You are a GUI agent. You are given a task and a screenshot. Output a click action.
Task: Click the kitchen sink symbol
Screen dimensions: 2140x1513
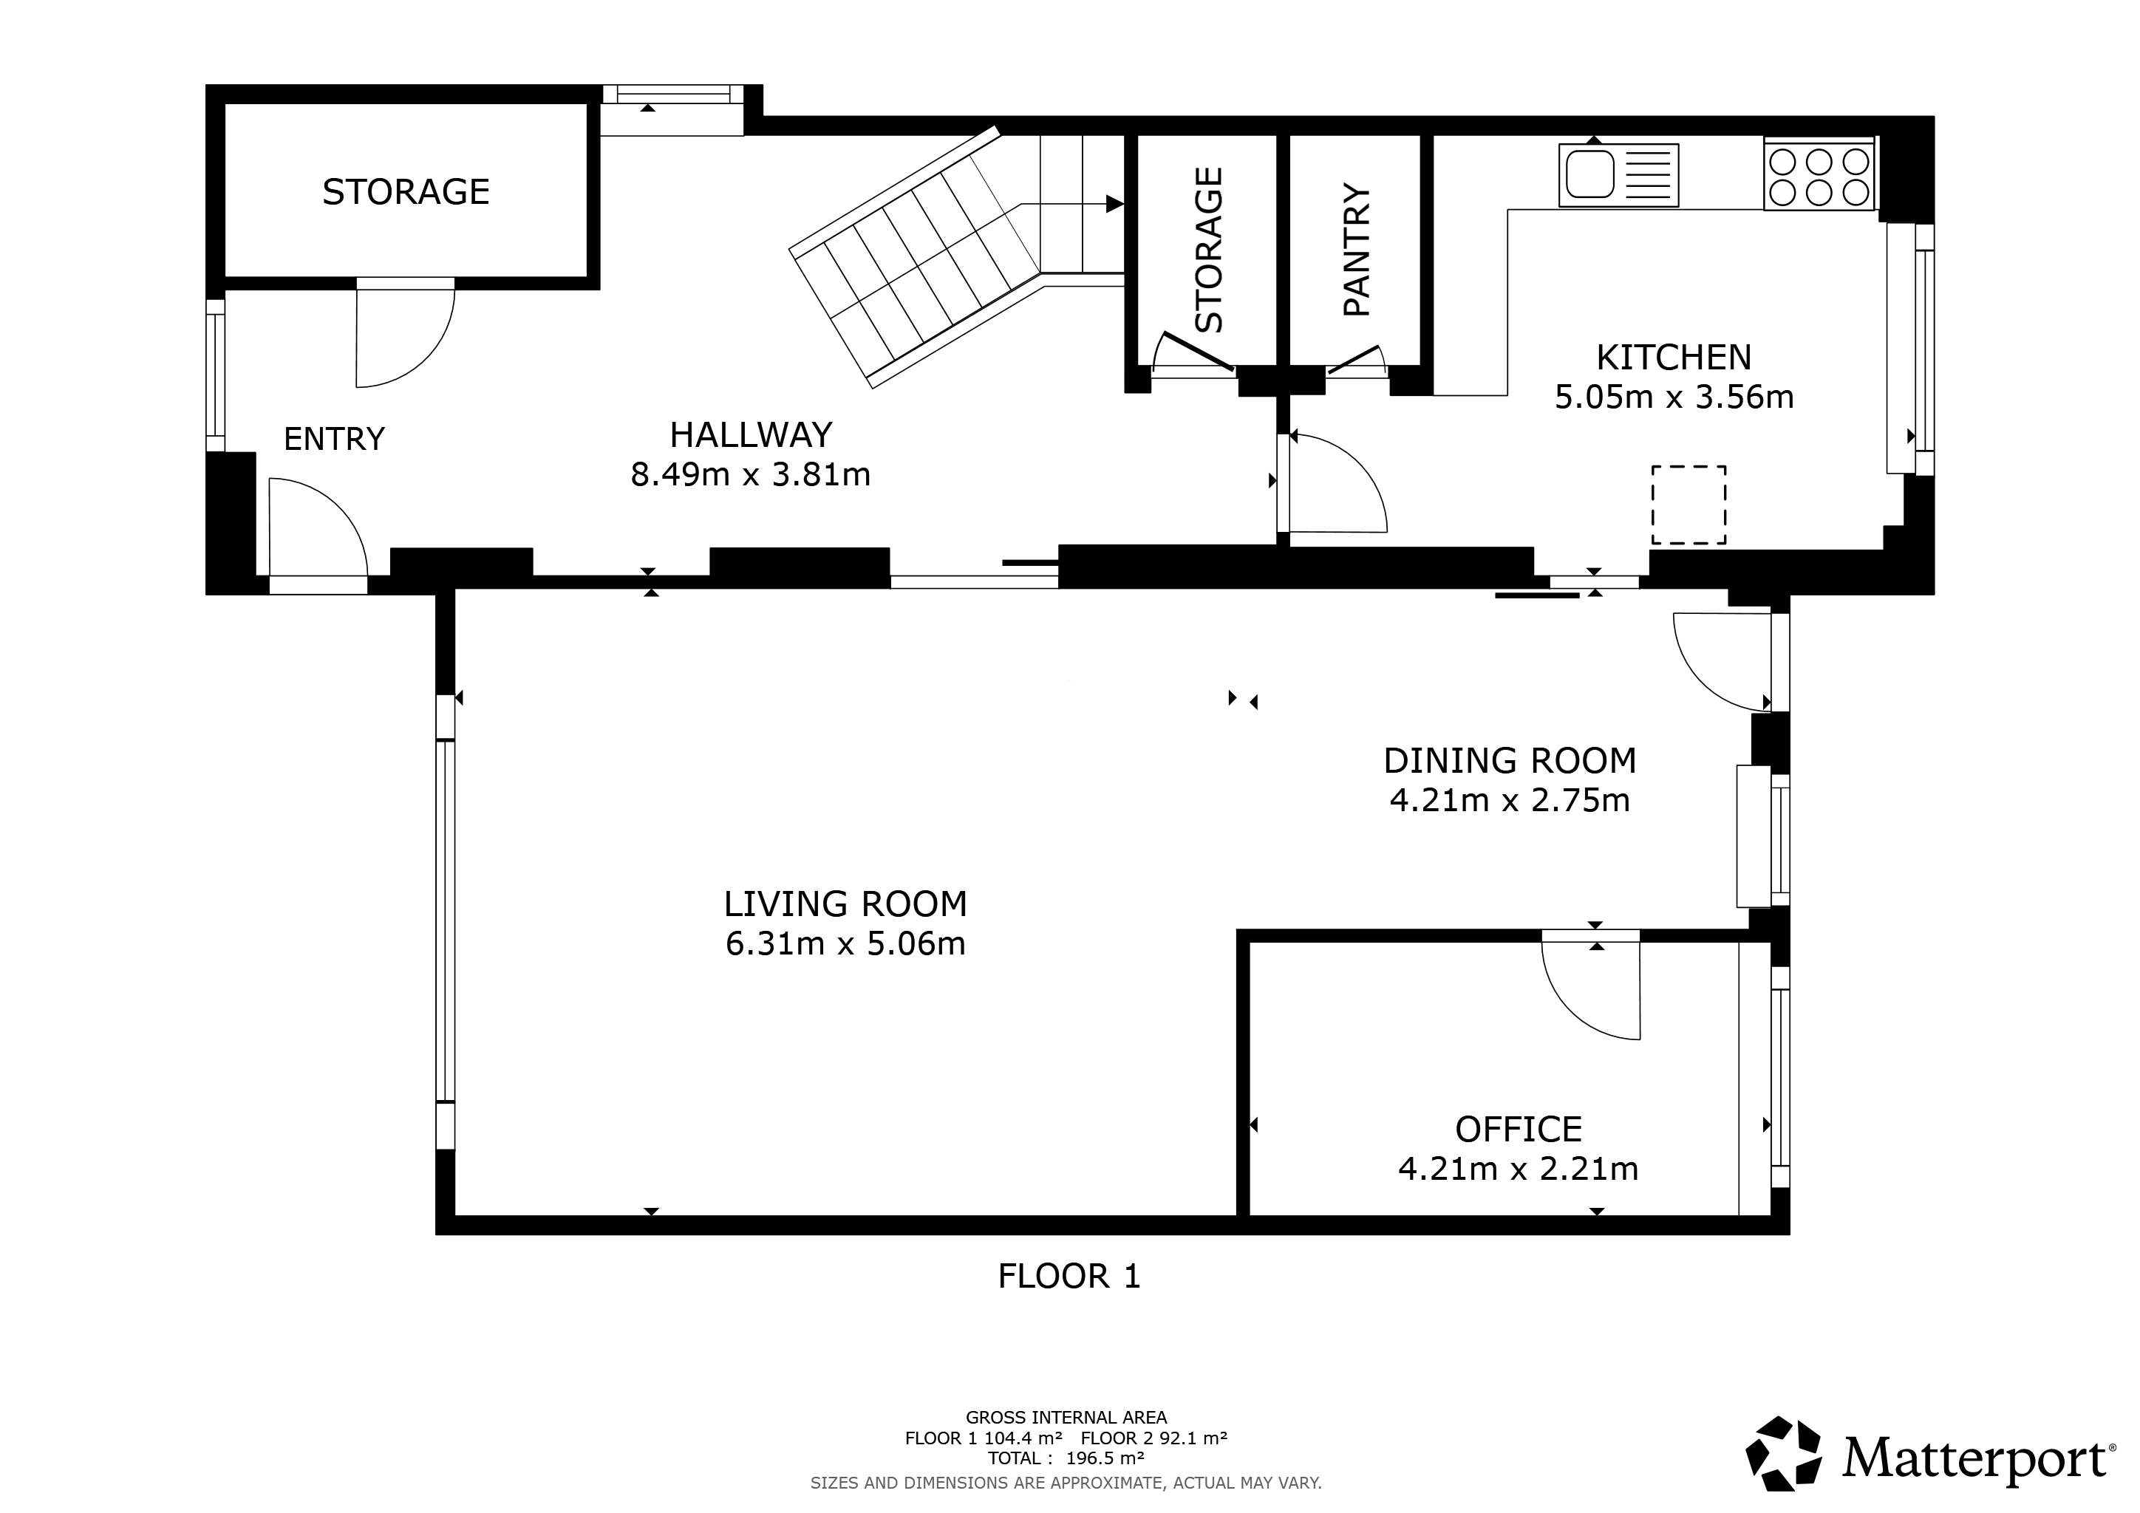(1618, 174)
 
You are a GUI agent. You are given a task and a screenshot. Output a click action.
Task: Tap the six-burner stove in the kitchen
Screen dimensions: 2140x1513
(1819, 176)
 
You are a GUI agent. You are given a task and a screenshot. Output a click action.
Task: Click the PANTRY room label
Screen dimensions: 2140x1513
(1356, 250)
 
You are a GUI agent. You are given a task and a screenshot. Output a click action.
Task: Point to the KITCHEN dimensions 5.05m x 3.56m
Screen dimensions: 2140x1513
(1674, 397)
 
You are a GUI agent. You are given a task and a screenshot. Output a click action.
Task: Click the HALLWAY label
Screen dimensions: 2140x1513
(750, 435)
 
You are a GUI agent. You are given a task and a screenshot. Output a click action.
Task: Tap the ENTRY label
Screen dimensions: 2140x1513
(334, 439)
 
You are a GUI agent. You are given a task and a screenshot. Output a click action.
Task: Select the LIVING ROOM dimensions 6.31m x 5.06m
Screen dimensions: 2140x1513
(845, 943)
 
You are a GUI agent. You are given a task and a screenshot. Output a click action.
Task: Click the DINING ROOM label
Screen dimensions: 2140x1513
(1510, 761)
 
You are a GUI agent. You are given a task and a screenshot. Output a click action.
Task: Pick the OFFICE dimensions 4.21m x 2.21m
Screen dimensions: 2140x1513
(1519, 1168)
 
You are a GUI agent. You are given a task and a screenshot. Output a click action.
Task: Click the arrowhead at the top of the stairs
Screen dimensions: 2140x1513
(1115, 204)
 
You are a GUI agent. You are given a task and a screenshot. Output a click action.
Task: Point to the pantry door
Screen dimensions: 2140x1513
(1353, 360)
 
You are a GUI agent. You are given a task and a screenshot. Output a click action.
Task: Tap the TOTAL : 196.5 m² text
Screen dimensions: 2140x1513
(1066, 1458)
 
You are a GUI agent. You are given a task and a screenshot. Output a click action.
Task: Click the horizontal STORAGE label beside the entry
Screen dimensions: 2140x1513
(406, 192)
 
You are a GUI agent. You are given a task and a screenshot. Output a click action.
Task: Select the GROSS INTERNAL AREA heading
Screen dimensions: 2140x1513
(1066, 1418)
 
